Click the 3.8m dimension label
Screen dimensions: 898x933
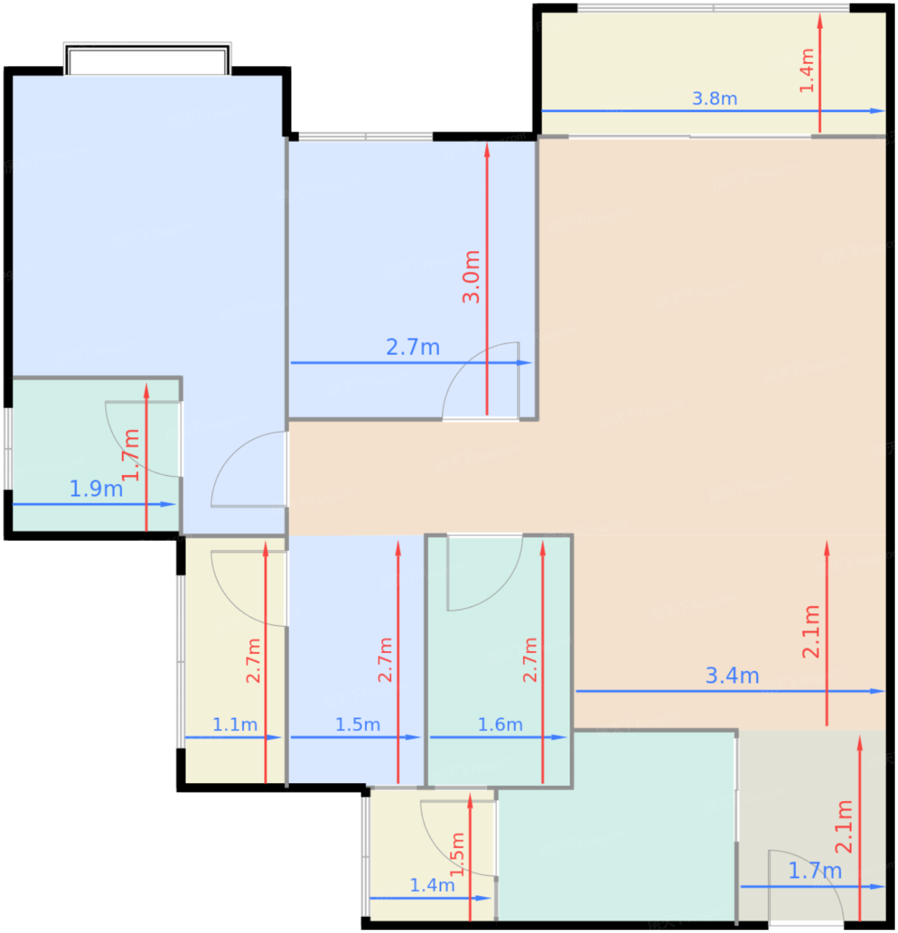tap(714, 99)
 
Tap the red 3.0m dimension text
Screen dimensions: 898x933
tap(471, 277)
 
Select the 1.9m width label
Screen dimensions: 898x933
tap(96, 489)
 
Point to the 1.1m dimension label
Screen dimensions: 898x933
tap(234, 724)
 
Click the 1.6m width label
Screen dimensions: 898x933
tap(500, 724)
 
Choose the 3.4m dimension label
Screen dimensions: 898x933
tap(732, 676)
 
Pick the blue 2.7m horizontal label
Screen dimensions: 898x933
tap(412, 348)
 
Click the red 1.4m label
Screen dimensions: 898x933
tap(807, 71)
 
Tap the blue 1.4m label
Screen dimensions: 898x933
tap(432, 886)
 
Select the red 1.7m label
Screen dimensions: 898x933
tap(131, 455)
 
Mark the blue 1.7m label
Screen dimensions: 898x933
tap(815, 871)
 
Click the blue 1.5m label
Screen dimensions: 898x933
tap(358, 724)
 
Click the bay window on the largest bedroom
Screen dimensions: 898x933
tap(147, 59)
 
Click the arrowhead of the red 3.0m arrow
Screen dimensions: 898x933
tap(487, 151)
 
